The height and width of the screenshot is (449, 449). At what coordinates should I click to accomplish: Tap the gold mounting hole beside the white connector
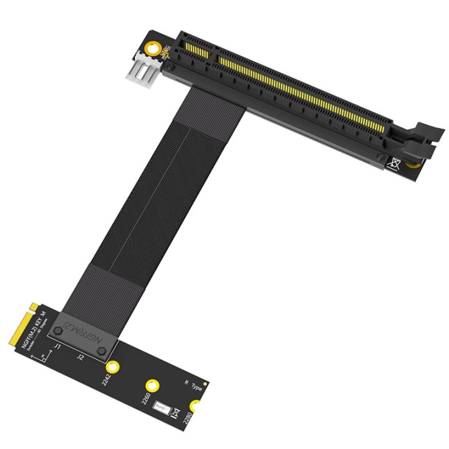coord(152,49)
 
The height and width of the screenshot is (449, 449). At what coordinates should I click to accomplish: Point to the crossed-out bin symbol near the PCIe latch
coord(394,164)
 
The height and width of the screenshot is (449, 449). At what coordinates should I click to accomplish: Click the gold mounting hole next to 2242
coord(113,367)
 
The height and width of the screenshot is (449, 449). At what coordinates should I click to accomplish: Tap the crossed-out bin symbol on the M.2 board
coord(175,412)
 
